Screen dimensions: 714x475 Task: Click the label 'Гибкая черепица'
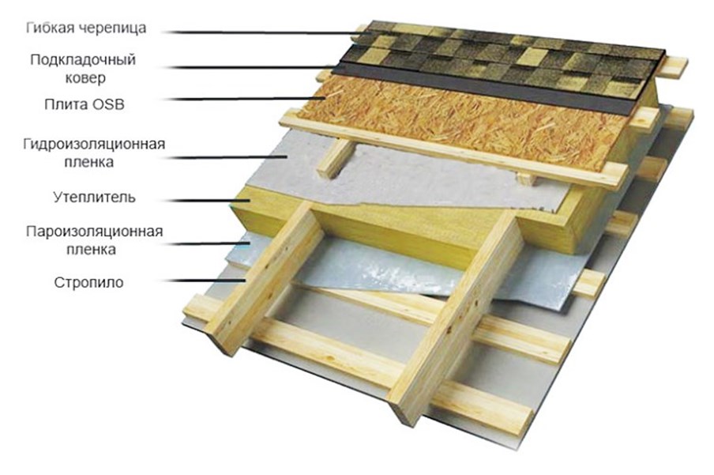click(x=86, y=28)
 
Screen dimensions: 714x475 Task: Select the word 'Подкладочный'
click(x=83, y=60)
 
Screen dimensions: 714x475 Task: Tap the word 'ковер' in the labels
click(x=85, y=78)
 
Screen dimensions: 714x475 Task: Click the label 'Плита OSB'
click(x=85, y=104)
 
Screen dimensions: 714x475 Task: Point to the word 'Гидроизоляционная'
click(x=94, y=145)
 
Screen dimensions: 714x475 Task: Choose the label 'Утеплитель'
click(x=94, y=198)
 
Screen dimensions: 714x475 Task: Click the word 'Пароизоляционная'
click(x=94, y=232)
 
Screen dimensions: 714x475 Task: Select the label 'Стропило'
click(x=88, y=283)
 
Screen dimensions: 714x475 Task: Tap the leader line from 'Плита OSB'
click(x=245, y=99)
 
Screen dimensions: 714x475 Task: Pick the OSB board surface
click(x=456, y=121)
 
